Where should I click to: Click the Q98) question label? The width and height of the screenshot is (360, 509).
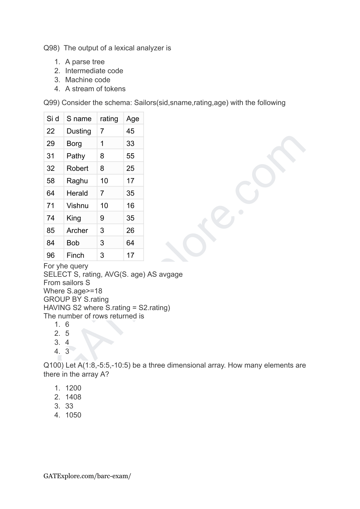(x=52, y=48)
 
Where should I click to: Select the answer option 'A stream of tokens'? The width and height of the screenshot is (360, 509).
(x=95, y=89)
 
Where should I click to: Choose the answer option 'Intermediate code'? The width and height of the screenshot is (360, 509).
(x=94, y=71)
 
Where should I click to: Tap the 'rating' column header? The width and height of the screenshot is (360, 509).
(x=109, y=119)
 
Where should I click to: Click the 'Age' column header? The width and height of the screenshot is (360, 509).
(x=133, y=119)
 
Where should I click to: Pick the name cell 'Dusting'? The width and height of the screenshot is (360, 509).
(x=79, y=131)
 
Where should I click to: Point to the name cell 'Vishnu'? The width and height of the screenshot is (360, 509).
(x=77, y=206)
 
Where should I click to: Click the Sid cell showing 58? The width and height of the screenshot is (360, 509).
(x=51, y=181)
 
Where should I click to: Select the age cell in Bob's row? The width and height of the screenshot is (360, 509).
(x=130, y=243)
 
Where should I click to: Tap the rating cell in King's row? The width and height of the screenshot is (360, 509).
(x=102, y=218)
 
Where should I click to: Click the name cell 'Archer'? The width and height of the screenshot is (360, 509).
(x=77, y=230)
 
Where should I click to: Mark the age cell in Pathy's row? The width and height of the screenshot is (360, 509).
(x=130, y=156)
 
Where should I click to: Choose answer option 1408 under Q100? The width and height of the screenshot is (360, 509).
(x=73, y=397)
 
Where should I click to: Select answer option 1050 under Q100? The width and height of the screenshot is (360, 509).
(x=73, y=415)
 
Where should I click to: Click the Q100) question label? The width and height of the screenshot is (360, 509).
(x=53, y=365)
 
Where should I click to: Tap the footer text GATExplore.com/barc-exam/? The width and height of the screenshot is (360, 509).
(x=87, y=476)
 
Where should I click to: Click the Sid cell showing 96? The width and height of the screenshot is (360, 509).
(x=51, y=255)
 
